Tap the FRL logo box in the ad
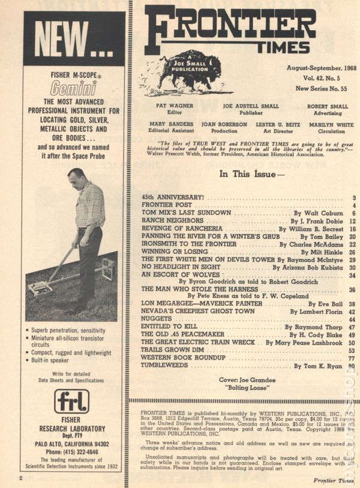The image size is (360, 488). point(72,401)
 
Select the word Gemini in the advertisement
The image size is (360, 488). point(73,90)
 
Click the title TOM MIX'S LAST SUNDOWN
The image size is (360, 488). point(186,213)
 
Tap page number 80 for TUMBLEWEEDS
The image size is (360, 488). point(352,366)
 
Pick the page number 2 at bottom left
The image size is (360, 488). point(20,478)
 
